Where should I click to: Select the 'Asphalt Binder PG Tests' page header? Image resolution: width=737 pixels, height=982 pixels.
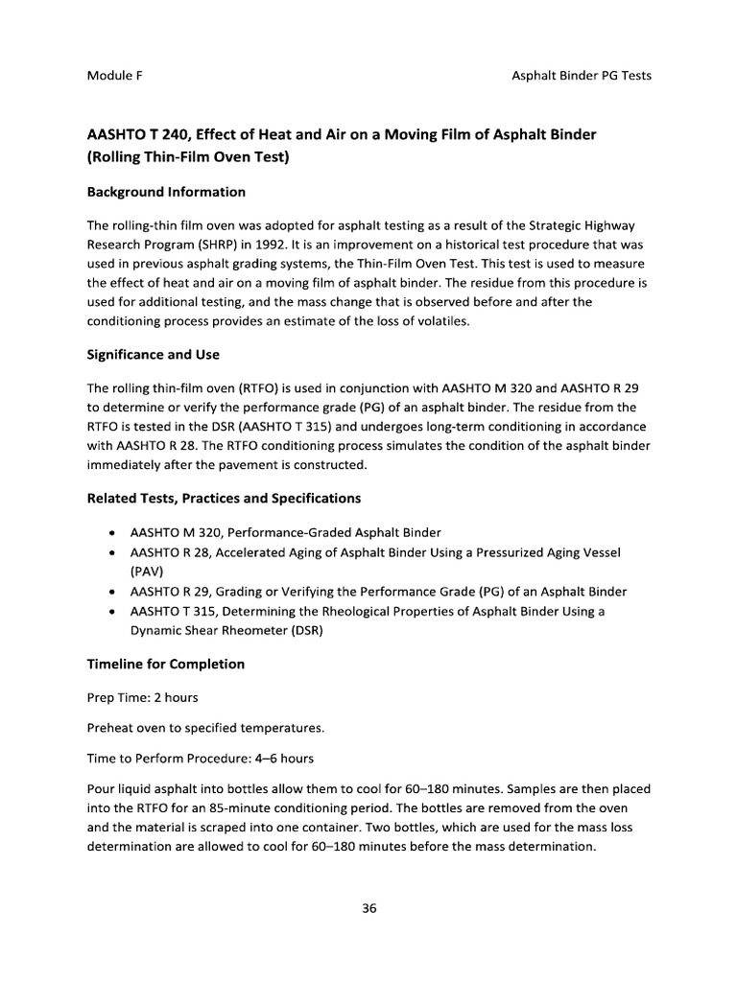click(581, 75)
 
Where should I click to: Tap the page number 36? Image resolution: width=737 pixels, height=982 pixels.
click(368, 909)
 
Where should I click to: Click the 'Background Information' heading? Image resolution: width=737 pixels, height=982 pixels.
click(166, 192)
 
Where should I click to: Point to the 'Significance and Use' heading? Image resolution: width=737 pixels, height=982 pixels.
click(154, 354)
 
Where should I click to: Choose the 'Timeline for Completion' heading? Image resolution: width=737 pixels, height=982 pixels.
click(166, 664)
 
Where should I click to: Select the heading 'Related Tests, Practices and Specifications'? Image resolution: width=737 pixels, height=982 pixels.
click(224, 499)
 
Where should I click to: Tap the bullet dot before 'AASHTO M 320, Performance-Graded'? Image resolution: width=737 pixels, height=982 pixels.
click(114, 532)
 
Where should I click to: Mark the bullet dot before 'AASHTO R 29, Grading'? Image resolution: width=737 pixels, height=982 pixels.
click(114, 591)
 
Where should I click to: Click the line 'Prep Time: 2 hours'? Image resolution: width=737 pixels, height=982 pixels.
click(143, 697)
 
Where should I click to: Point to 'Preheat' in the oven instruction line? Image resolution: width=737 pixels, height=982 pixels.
click(110, 728)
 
